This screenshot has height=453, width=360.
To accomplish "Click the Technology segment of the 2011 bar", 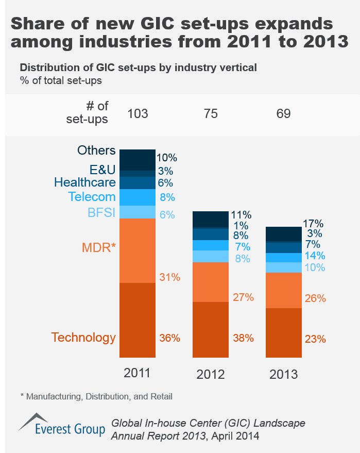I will point(138,320).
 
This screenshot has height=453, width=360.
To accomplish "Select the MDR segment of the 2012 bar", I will point(210,282).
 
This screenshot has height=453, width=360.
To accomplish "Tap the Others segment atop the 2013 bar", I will point(283,233).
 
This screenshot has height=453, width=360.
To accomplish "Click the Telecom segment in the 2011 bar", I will point(138,197).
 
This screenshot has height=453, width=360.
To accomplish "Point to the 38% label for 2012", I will point(243,339).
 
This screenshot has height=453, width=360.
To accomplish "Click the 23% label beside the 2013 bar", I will point(315,339).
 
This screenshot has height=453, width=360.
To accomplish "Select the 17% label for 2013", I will point(314,224).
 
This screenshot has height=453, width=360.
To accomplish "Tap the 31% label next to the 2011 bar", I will point(169,277).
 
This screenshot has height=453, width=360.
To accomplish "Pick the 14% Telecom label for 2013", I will point(315,256).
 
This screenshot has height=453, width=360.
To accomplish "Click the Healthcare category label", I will point(84,182).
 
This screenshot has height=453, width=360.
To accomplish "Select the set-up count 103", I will point(138,113).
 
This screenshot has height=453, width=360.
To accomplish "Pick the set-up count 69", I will point(283,113).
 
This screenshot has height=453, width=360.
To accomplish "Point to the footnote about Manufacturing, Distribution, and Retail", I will point(96,396).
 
